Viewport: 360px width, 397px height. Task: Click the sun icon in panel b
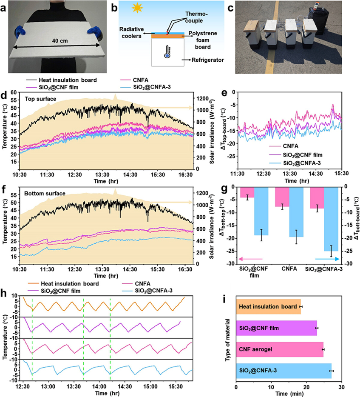137,8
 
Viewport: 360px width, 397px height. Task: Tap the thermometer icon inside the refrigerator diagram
167,51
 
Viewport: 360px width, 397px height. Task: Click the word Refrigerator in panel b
208,60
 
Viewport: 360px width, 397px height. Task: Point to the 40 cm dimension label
60,41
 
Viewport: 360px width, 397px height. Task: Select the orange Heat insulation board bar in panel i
269,307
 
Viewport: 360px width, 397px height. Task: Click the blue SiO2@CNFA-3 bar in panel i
284,371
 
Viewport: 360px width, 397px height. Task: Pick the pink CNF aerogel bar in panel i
280,349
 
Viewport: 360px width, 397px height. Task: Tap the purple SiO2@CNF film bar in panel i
277,328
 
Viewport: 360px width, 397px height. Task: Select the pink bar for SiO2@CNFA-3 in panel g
317,198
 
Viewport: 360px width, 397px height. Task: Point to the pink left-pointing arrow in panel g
250,259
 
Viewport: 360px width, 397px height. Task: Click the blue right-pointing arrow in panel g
327,259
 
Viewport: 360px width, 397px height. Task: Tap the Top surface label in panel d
40,99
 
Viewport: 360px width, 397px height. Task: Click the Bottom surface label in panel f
45,194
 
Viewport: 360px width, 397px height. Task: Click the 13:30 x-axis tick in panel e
290,174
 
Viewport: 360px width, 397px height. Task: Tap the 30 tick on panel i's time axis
341,387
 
